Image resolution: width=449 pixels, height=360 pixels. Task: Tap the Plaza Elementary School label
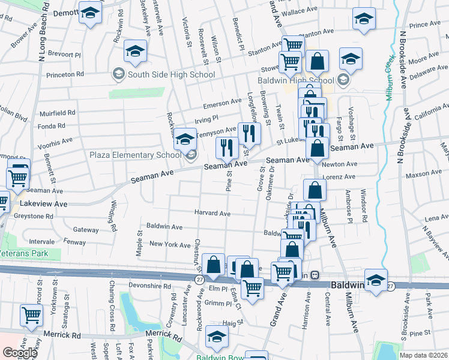coord(135,155)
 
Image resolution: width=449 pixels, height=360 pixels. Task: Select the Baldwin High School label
coord(295,80)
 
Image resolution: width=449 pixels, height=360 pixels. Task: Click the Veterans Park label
coord(24,254)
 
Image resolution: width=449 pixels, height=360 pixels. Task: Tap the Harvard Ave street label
coord(212,213)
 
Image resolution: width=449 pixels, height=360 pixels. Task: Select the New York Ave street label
coord(170,244)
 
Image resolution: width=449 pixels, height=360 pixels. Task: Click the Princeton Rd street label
coord(67,74)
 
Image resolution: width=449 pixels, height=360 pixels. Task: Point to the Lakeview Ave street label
coord(44,204)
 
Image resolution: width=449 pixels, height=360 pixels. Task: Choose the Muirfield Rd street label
coord(57,112)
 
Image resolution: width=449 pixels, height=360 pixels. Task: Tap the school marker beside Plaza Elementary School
coord(185,138)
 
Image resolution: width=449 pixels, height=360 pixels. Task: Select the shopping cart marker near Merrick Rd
coord(31,314)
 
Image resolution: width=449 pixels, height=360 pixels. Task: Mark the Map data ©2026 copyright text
coord(423,355)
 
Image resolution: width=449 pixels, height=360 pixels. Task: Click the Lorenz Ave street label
coord(339,176)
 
